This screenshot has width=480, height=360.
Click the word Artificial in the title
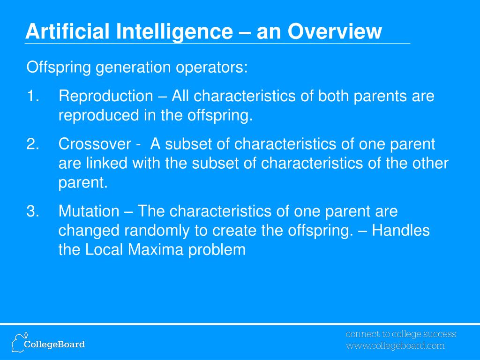click(x=67, y=31)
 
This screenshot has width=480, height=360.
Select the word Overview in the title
click(x=335, y=31)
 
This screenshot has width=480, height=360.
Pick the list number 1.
click(x=33, y=96)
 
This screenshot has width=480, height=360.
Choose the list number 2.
click(x=33, y=144)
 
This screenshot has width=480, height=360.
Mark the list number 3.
click(x=33, y=211)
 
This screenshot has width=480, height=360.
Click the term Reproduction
click(x=106, y=96)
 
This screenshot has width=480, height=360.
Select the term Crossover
click(x=95, y=144)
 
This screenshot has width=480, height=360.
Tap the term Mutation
click(x=89, y=211)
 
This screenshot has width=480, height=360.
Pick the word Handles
click(x=401, y=231)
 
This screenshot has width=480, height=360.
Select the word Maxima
click(x=156, y=249)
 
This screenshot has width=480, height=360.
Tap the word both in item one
click(x=333, y=96)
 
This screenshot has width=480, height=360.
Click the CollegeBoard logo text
click(x=54, y=345)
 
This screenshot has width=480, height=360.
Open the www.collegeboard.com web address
click(x=395, y=346)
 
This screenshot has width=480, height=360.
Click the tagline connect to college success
click(x=401, y=334)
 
